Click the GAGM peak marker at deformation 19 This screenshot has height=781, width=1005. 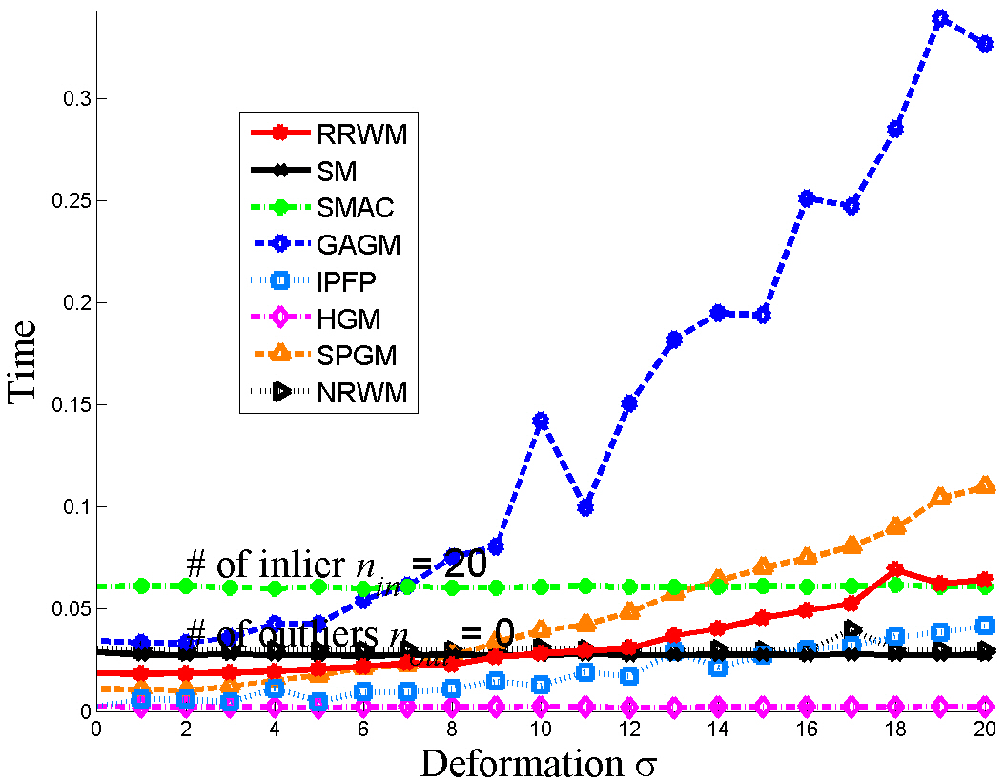[x=940, y=18]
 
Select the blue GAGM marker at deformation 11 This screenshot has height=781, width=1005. [x=585, y=507]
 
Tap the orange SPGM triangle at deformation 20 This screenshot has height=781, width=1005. [x=985, y=485]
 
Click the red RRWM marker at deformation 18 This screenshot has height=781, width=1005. [x=895, y=569]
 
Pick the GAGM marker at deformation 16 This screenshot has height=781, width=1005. [x=807, y=197]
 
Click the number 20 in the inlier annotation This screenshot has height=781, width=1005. [x=465, y=564]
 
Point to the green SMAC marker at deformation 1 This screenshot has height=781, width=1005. [x=141, y=586]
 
